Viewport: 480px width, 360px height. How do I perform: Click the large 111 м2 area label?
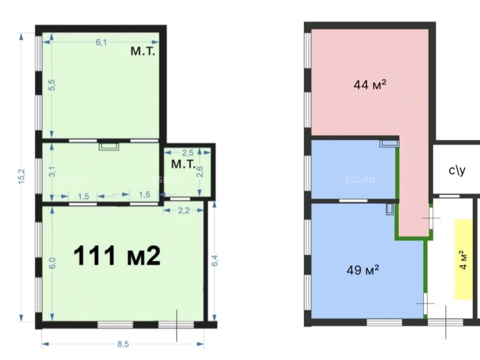tap(117, 255)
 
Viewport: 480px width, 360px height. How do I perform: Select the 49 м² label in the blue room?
tap(363, 270)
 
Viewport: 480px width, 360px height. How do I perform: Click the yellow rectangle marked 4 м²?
tap(463, 259)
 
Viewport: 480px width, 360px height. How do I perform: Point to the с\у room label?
tap(457, 170)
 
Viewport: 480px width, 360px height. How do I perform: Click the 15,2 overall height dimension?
tap(22, 176)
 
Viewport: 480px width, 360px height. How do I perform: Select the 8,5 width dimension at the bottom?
tap(123, 344)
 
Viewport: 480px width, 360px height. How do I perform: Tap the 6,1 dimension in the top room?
tap(101, 42)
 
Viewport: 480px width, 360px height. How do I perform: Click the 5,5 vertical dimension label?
tap(52, 85)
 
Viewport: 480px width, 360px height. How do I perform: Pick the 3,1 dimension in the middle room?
tap(52, 171)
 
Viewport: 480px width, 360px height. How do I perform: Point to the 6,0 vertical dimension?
tap(52, 263)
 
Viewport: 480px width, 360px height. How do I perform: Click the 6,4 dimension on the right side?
tap(215, 261)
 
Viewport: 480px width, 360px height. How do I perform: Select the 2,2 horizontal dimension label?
tap(184, 210)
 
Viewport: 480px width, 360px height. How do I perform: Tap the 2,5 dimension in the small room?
tap(188, 153)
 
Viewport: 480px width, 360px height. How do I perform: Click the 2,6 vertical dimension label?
tap(200, 171)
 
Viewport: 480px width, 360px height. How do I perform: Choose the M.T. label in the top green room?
tap(143, 51)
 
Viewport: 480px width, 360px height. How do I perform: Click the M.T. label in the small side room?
tap(183, 164)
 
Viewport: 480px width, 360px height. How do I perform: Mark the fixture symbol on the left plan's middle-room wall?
tap(108, 146)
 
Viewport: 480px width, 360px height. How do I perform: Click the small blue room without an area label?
tap(353, 169)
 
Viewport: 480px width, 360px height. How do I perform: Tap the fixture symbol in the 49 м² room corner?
tap(390, 209)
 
